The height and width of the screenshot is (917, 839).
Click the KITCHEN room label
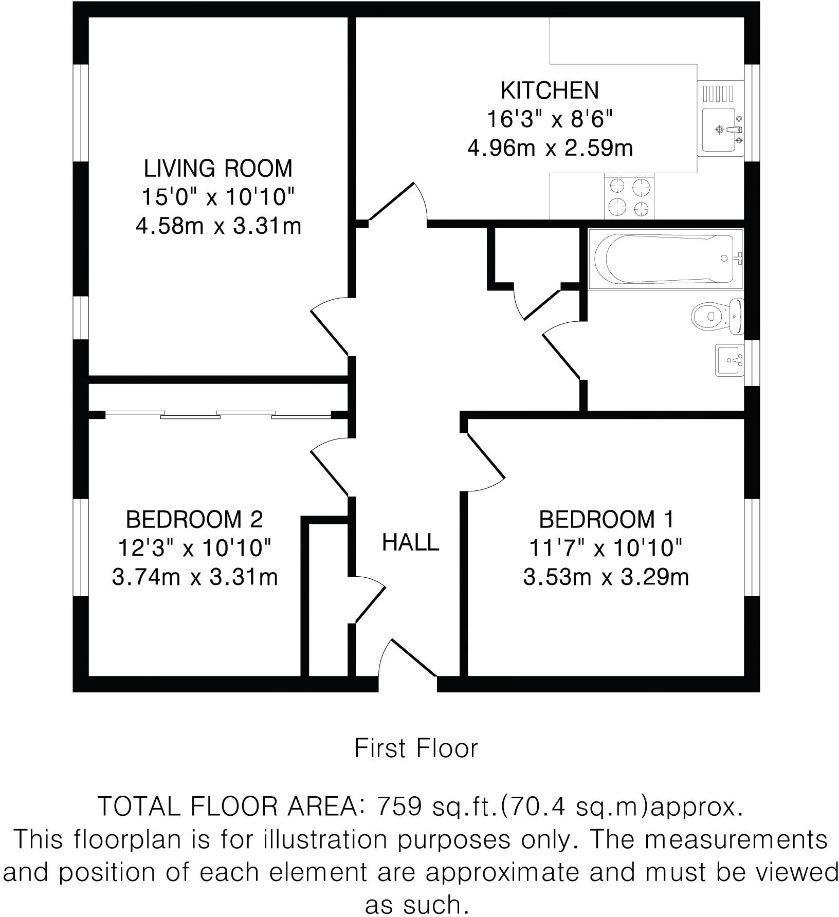coord(550,90)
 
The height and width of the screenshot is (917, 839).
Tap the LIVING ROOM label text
coord(217,169)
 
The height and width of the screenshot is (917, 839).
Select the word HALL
coord(410,543)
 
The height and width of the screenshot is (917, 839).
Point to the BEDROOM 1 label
coord(606,520)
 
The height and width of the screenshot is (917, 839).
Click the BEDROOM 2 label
coord(194,520)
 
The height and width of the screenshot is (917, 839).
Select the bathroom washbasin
coord(728,360)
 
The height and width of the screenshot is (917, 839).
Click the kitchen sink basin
coord(718,130)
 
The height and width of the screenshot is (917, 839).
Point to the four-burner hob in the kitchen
coord(629,197)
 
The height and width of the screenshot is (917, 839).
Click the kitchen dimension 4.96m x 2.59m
coord(550,149)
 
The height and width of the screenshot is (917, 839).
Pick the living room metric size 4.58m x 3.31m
coord(217,226)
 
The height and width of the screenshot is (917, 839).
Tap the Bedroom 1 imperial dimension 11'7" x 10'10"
coord(606,548)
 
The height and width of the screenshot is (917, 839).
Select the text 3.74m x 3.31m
coord(194,577)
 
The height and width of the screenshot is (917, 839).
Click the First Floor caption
coord(416,748)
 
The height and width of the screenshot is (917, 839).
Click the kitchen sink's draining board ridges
coord(718,94)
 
